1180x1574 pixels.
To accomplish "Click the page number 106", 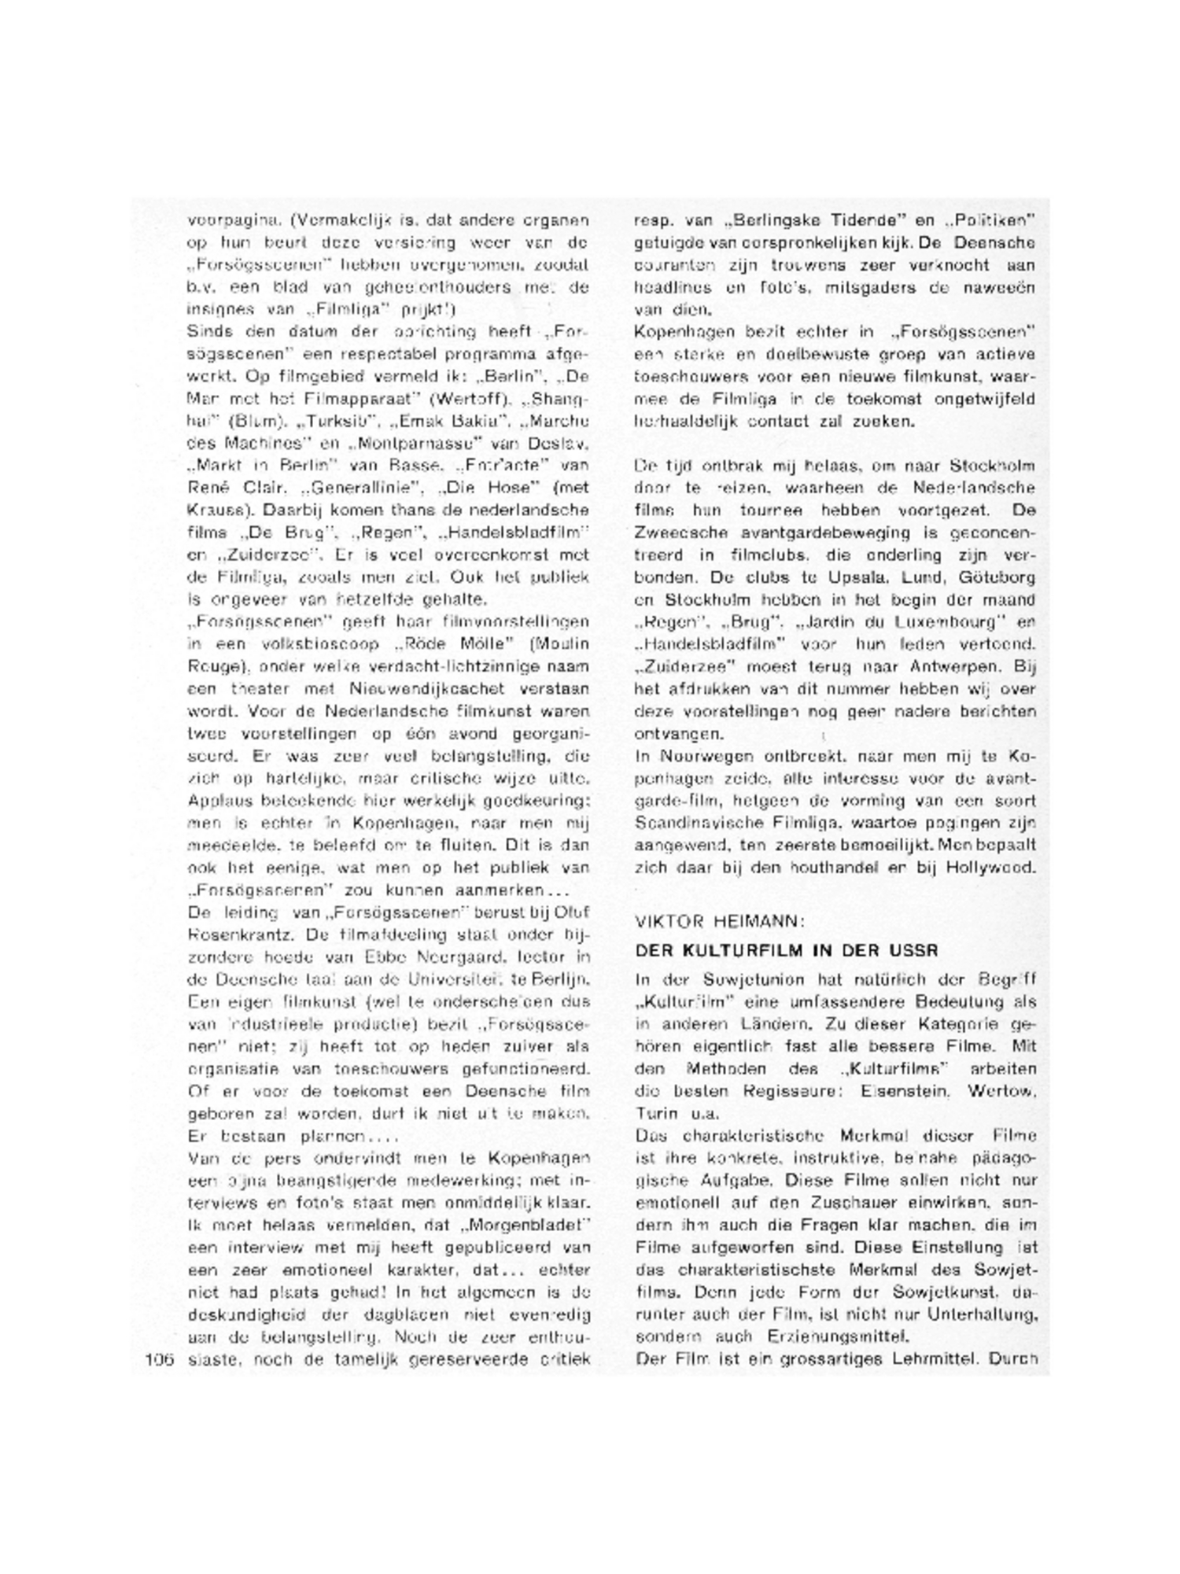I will tap(160, 1359).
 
